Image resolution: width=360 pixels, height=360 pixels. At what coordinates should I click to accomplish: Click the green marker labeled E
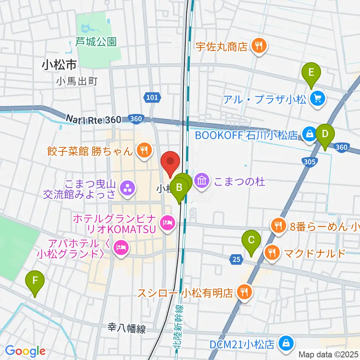pos(311,73)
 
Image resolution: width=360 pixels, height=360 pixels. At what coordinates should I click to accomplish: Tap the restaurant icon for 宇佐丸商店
pos(258,46)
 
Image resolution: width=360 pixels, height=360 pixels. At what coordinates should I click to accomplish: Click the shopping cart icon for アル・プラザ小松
pos(318,99)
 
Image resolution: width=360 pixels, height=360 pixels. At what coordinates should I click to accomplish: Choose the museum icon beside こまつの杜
pos(202,181)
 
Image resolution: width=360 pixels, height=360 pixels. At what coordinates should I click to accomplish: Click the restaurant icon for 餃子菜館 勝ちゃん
pos(143,151)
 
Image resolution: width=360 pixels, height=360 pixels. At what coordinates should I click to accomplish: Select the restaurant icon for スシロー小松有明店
pos(244,292)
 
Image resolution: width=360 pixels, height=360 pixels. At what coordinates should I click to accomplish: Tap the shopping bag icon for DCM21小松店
pos(286,343)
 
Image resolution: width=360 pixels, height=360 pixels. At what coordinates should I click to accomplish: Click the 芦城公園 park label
pos(96,42)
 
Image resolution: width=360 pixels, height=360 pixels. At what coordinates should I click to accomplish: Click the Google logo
pos(25,351)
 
